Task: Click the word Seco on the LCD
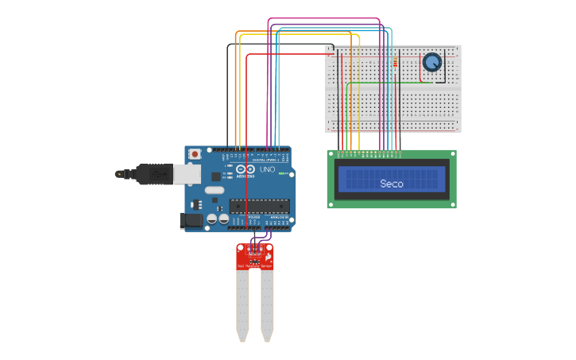[391, 184]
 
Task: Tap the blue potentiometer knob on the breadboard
[432, 62]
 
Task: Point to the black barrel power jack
[191, 220]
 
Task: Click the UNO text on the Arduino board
[268, 169]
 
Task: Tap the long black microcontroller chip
[259, 207]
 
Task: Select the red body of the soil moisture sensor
[255, 255]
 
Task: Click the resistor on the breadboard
[395, 62]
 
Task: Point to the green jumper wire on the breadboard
[389, 82]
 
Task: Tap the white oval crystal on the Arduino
[214, 190]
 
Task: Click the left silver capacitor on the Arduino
[212, 218]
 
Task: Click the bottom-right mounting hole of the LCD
[452, 204]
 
